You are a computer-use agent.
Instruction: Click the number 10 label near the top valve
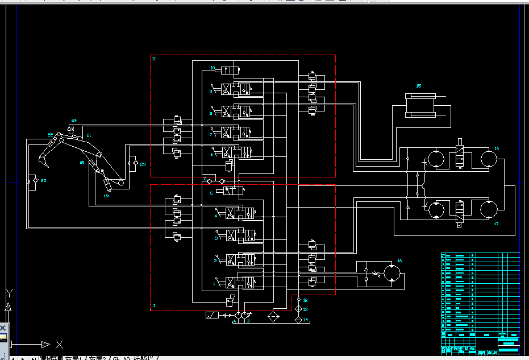[213, 68]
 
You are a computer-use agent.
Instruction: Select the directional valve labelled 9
[238, 89]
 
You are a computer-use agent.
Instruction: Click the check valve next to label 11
[210, 181]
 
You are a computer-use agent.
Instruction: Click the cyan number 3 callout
[216, 238]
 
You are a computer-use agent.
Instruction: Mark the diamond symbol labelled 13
[299, 309]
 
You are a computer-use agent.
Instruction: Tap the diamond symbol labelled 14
[299, 320]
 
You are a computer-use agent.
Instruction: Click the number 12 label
[305, 300]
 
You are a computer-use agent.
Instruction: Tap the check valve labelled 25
[35, 180]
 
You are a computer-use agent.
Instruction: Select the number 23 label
[143, 164]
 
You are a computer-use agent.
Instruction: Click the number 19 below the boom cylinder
[106, 196]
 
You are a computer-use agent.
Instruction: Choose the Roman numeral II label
[154, 58]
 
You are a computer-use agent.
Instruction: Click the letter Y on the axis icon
[9, 293]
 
